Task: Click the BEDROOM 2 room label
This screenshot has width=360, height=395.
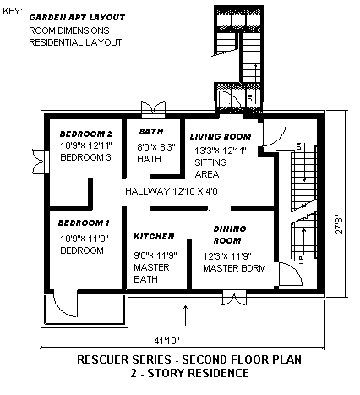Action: point(86,134)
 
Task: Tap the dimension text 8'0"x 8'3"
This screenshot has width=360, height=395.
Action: point(156,147)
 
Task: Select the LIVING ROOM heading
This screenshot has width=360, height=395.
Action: point(221,137)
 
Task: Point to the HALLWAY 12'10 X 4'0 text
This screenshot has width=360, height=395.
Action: point(172,191)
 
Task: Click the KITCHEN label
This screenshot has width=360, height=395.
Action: point(154,236)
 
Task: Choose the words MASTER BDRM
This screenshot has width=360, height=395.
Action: point(234,268)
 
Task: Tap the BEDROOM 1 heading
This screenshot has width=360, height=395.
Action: point(84,223)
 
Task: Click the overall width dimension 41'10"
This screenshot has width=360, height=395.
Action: point(166,341)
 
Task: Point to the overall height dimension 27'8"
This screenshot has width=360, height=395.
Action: point(340,224)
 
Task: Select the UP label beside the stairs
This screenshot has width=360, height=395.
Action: point(302,260)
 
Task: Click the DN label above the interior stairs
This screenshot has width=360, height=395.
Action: point(299,146)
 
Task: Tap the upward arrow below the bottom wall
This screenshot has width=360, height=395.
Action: point(185,315)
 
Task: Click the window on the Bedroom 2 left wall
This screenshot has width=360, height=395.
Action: point(41,162)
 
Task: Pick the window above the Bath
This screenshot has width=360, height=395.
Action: point(153,110)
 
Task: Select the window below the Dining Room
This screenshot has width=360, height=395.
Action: point(234,298)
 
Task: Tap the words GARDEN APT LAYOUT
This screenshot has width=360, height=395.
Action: point(77,18)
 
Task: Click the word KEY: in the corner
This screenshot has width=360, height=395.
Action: point(13,11)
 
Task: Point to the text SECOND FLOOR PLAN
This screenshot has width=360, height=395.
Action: point(242,359)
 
